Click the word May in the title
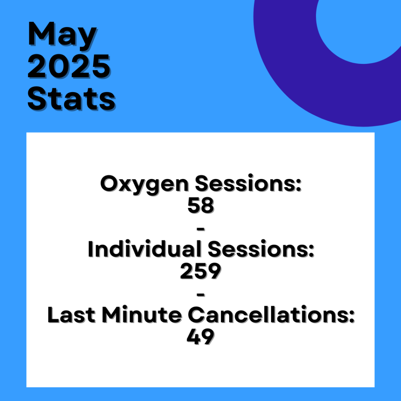click(x=62, y=36)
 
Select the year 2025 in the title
click(x=69, y=67)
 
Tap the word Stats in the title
click(x=71, y=99)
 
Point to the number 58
click(x=201, y=205)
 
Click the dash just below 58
click(x=201, y=229)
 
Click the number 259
click(x=201, y=271)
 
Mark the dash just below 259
click(x=201, y=295)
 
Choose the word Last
click(x=71, y=315)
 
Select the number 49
click(x=201, y=337)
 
